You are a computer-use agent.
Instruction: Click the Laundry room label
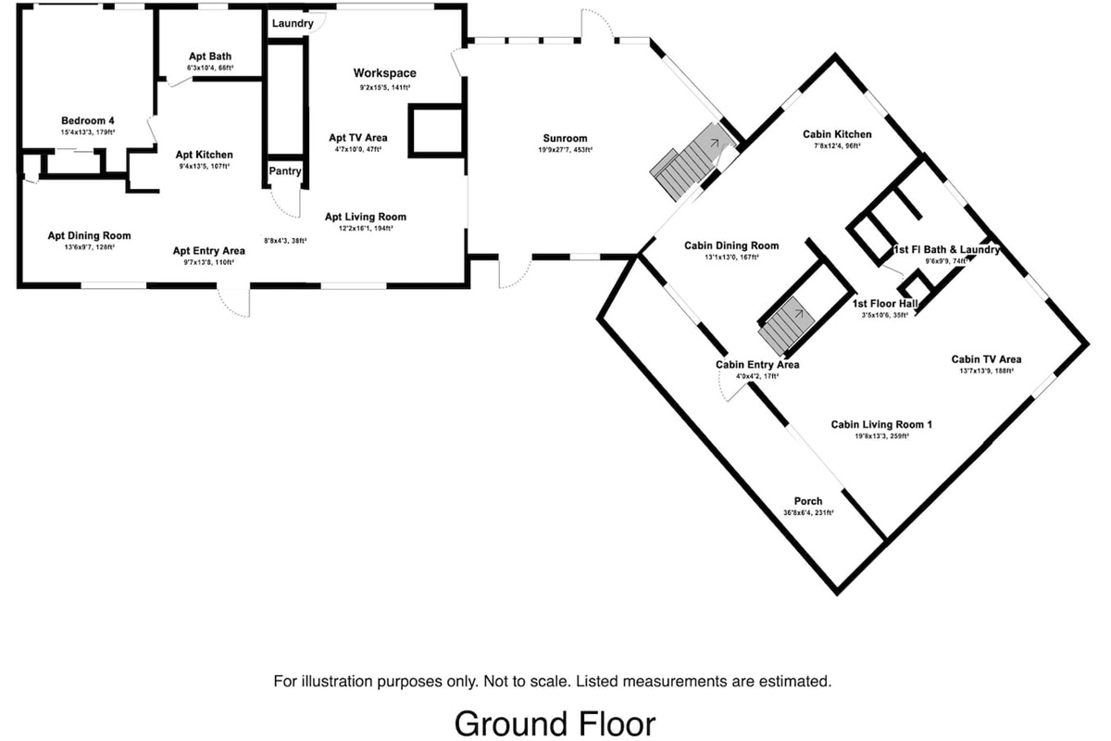coord(293,23)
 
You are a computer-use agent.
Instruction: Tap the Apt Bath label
coord(209,57)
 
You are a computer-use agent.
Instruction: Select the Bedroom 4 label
coord(88,121)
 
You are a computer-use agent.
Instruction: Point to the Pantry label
coord(284,171)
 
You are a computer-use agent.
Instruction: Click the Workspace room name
coord(385,73)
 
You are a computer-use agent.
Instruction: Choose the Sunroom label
coord(565,139)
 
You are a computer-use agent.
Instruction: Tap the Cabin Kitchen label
coord(837,134)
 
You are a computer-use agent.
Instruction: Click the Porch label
coord(808,501)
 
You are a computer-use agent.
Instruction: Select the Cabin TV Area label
coord(986,359)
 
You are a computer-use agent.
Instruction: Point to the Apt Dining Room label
coord(89,235)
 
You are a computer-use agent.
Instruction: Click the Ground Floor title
coord(555,722)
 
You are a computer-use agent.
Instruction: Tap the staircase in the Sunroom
coord(685,167)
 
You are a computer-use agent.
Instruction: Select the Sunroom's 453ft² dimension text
coord(565,150)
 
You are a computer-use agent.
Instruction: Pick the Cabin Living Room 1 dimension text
coord(881,435)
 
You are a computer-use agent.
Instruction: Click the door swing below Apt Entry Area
coord(233,304)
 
